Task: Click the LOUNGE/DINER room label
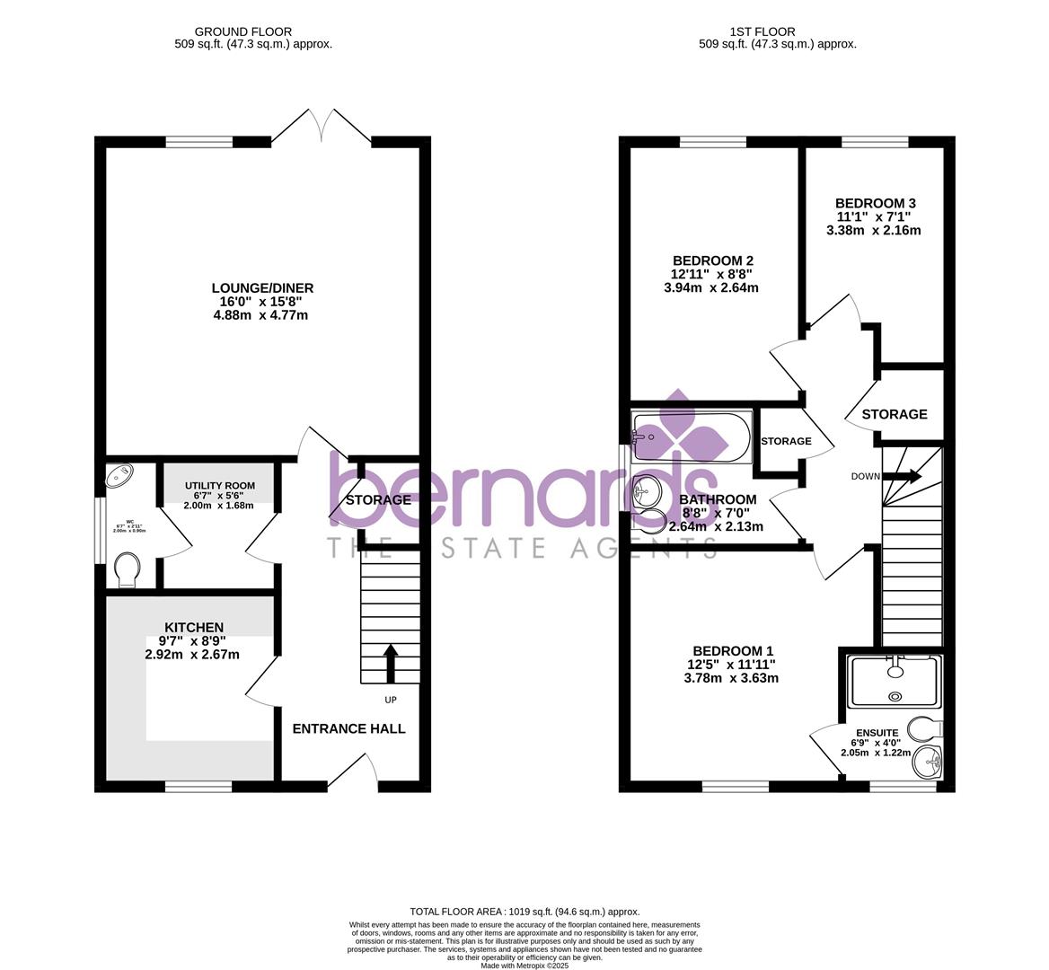tap(262, 288)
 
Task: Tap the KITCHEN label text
tap(193, 627)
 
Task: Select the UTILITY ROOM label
tap(220, 485)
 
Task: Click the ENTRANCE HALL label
tap(348, 728)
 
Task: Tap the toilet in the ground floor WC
tap(128, 569)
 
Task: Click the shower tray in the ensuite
tap(895, 681)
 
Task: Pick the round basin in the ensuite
tap(927, 764)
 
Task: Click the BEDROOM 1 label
tap(732, 650)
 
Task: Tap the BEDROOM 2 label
tap(712, 260)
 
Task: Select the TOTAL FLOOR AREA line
tap(524, 910)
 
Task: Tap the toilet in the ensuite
tap(922, 726)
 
